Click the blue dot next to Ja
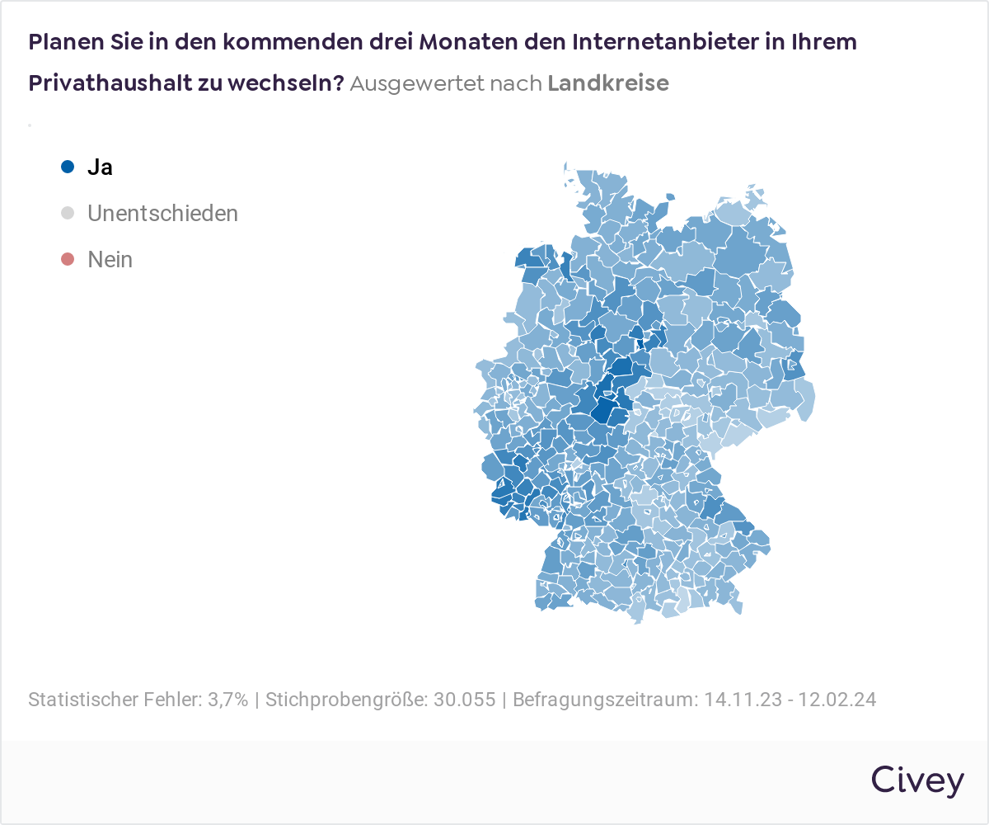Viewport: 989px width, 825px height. pos(68,167)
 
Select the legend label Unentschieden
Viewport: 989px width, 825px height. pos(162,213)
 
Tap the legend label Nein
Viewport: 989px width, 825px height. pos(110,260)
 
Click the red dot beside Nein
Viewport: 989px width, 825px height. pos(68,260)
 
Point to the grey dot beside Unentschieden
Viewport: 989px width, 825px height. pos(68,213)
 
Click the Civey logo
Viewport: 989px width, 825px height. pos(916,780)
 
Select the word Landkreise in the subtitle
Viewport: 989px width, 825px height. pos(607,83)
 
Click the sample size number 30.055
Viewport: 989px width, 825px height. pos(465,700)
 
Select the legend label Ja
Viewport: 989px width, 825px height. pos(100,167)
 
